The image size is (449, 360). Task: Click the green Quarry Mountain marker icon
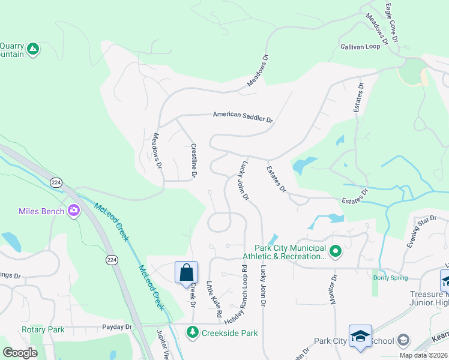(33, 49)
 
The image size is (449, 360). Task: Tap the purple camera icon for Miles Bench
(74, 211)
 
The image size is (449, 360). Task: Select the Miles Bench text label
(42, 211)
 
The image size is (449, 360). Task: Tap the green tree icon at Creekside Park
(193, 331)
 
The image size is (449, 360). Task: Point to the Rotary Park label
(43, 330)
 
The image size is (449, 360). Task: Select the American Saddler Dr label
(243, 117)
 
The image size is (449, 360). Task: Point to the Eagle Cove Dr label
(391, 20)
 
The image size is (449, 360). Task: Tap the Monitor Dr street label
(334, 289)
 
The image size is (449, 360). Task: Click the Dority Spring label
(390, 278)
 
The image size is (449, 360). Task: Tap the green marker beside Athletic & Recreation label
(336, 252)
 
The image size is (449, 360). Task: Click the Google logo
(20, 353)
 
